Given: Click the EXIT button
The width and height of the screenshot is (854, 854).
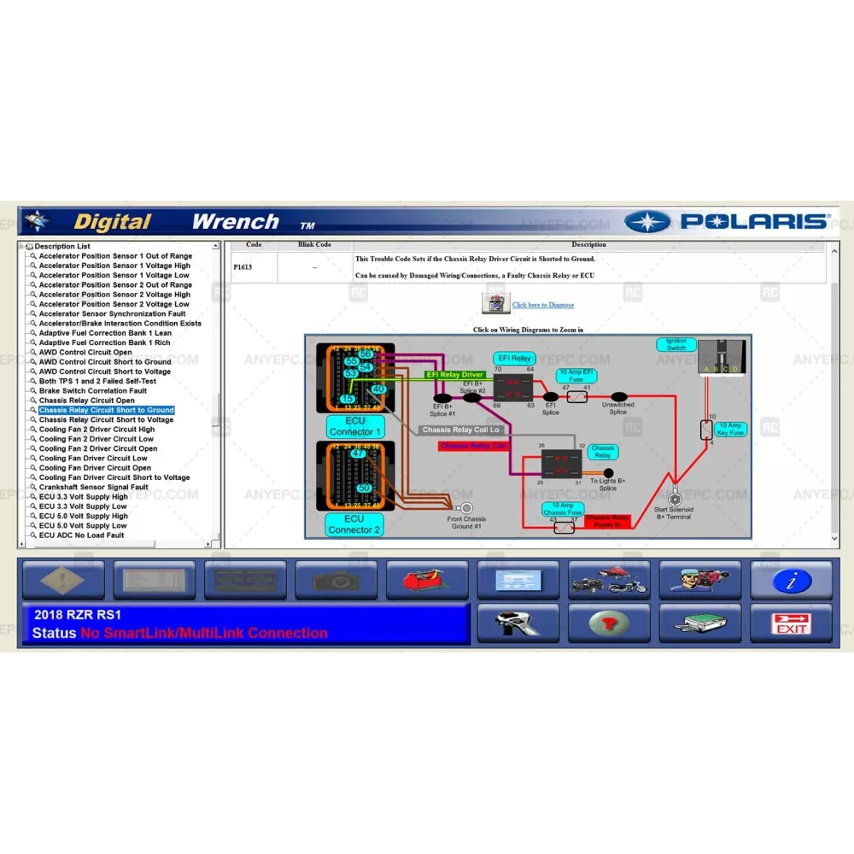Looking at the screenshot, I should point(791,623).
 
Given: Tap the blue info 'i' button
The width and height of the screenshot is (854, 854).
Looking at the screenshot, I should point(791,581).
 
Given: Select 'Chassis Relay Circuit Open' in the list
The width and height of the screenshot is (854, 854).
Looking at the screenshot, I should point(86,401).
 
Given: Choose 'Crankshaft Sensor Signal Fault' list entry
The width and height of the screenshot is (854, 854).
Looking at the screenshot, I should point(93,487).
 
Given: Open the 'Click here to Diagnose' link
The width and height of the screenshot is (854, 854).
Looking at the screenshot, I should point(543,305).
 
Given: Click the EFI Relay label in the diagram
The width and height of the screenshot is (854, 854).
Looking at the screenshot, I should point(513,359).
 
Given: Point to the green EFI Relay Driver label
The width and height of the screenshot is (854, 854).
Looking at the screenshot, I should point(455,375).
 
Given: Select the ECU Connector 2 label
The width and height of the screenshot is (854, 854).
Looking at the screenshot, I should point(354,524).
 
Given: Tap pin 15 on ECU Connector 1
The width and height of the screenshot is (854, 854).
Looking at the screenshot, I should point(348,399).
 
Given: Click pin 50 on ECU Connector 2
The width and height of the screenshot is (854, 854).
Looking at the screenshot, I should point(365,488).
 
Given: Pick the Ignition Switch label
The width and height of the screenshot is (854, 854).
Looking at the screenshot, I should point(676,345).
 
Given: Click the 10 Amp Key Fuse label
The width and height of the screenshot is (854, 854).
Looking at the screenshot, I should point(730,429).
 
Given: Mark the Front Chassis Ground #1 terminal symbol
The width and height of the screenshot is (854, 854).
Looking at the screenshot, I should point(467,507).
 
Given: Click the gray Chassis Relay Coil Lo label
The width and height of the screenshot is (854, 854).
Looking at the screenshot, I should point(461,430).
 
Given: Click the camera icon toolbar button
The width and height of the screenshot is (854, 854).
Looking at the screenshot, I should point(336,581).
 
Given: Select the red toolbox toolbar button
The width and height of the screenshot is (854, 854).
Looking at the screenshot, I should point(426,581).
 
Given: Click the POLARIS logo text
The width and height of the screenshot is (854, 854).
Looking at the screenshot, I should point(754,222).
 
